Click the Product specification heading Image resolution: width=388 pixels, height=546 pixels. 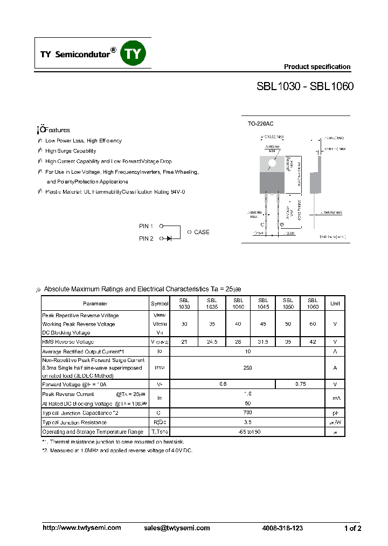coord(317,67)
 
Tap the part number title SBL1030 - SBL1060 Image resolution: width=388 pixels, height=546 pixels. coord(305,86)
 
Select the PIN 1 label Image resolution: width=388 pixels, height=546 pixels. coord(146,226)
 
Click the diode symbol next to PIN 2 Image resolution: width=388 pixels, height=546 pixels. coord(169,238)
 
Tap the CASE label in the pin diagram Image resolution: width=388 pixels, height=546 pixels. coord(202,232)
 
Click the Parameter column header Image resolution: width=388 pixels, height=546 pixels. coord(95,303)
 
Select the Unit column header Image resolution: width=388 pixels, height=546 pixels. coord(335,303)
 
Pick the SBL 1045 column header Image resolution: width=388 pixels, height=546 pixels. coord(263,303)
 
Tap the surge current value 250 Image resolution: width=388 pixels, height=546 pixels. coord(248,367)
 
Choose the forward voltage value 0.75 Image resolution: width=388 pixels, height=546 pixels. coord(301,384)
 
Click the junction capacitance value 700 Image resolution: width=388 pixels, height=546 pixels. coord(248,413)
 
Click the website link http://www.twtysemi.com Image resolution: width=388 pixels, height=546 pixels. coord(82,528)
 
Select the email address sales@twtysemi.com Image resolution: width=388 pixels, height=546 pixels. coord(177,528)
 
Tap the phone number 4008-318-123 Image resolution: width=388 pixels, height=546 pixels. coord(282,528)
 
